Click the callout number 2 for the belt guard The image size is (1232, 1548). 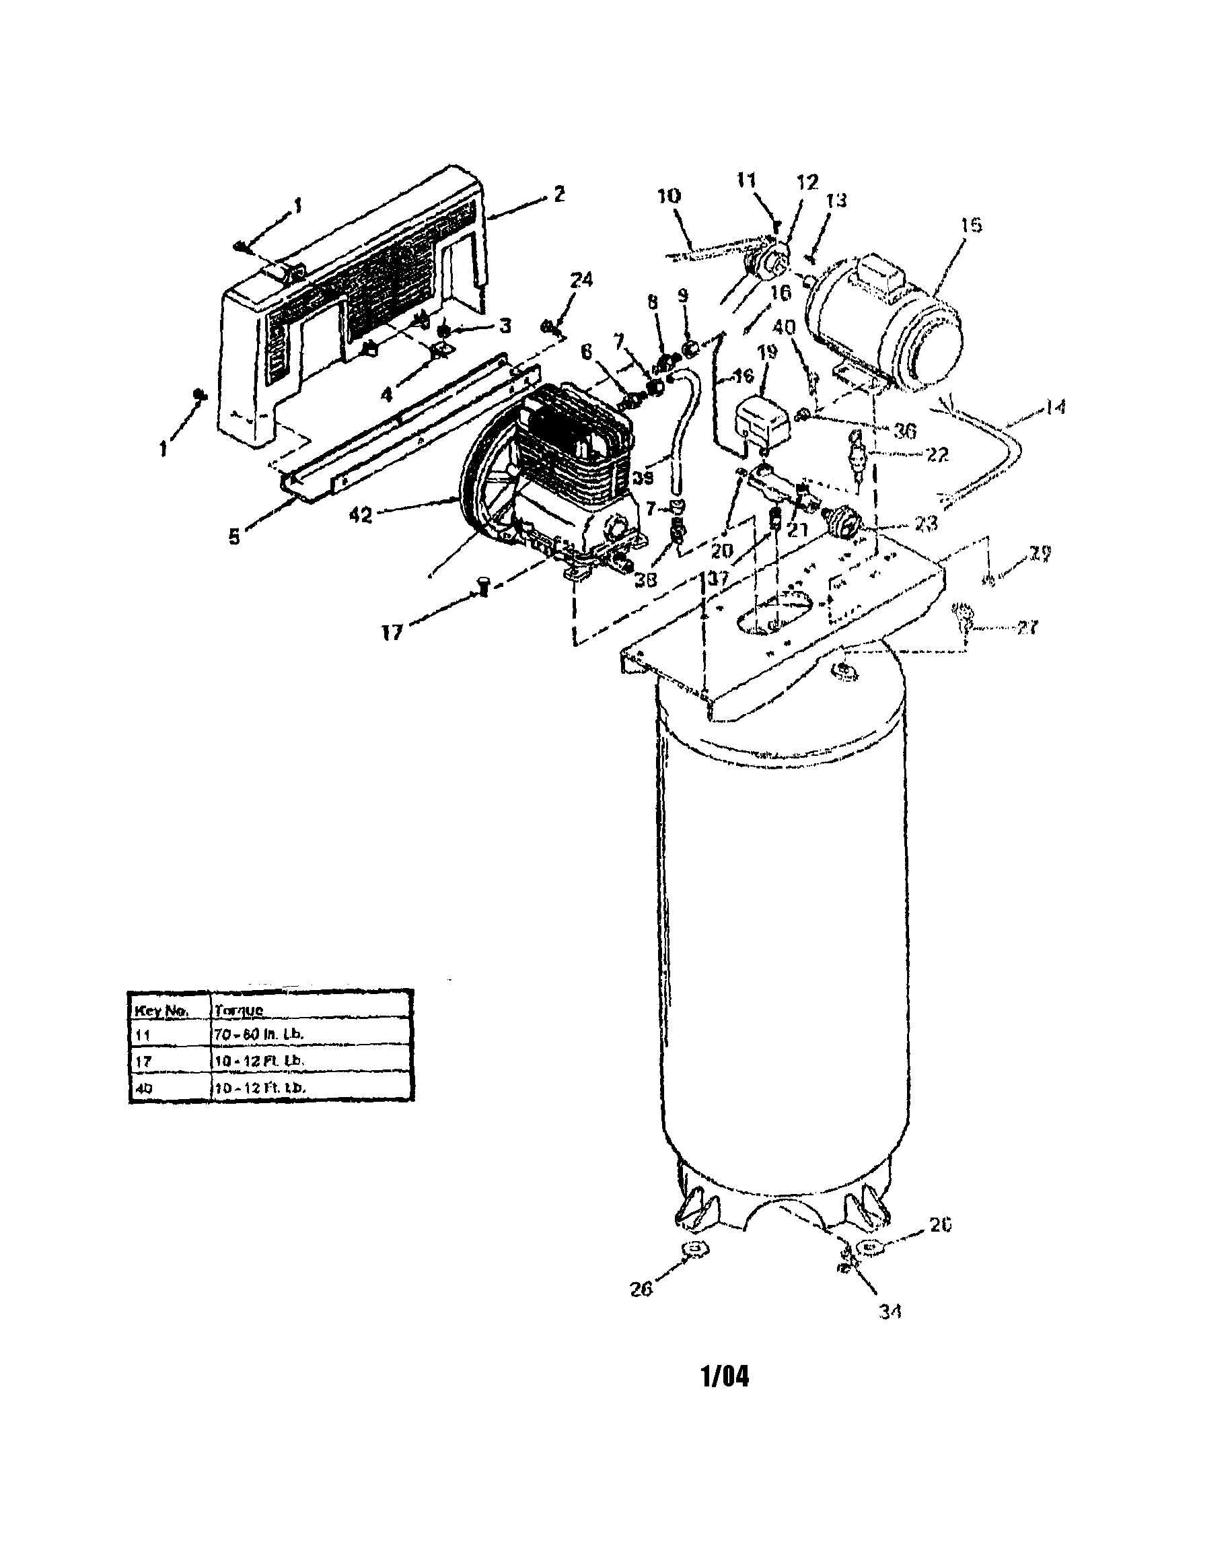tap(559, 193)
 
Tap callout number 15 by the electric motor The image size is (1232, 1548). tap(971, 225)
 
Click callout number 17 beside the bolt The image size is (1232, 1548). tap(392, 633)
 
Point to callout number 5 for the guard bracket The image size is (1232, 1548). tap(234, 536)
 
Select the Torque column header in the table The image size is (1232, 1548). tap(239, 1010)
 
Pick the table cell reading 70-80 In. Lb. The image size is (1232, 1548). tap(259, 1034)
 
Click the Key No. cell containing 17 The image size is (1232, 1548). tap(143, 1061)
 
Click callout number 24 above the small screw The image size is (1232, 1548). tap(581, 280)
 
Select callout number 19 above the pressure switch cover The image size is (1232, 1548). tap(768, 353)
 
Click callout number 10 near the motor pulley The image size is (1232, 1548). tap(669, 195)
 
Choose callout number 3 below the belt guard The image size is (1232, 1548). tap(505, 325)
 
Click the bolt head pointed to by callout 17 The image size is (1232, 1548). tap(483, 588)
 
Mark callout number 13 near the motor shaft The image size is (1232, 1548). tap(836, 201)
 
